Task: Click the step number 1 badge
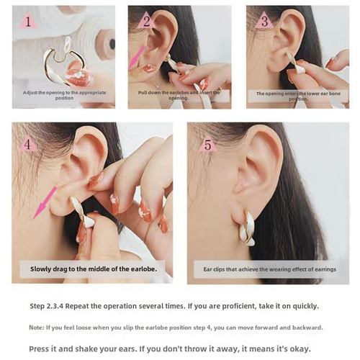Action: [x=28, y=21]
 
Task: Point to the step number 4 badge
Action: [x=30, y=144]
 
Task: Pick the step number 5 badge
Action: [x=207, y=145]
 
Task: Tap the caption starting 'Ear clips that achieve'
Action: [x=268, y=269]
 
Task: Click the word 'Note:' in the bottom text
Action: [x=37, y=327]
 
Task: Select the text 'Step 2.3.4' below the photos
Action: [x=47, y=305]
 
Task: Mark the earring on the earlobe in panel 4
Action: [x=81, y=212]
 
